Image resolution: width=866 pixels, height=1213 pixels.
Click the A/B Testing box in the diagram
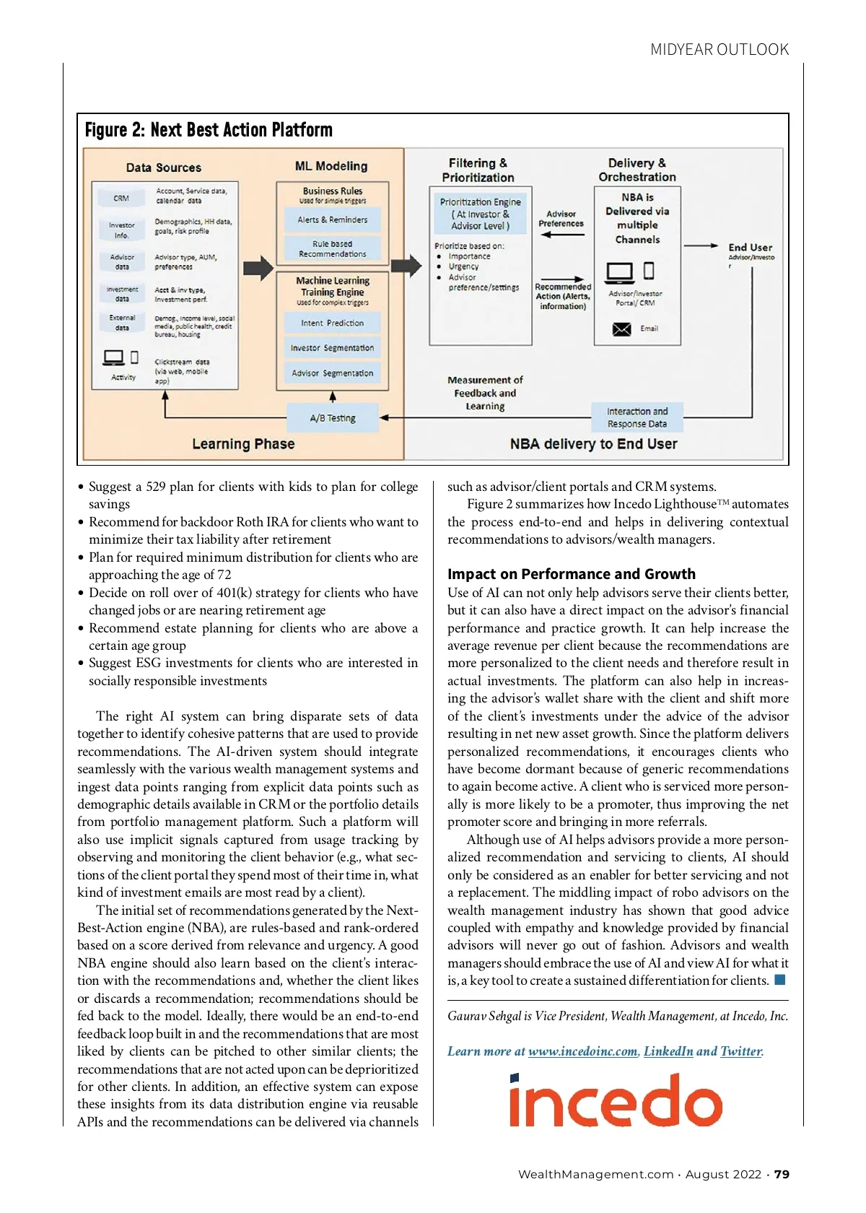tap(333, 418)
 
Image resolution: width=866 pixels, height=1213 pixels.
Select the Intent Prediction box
tap(332, 323)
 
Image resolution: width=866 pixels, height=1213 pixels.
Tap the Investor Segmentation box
tap(332, 348)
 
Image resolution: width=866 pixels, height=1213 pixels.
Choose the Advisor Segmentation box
tap(332, 373)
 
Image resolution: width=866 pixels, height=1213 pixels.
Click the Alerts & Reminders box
tap(332, 219)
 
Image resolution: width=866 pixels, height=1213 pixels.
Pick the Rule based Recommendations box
tap(332, 249)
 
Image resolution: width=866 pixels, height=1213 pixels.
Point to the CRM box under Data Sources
tap(121, 198)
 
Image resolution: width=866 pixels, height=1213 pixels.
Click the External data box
tap(122, 322)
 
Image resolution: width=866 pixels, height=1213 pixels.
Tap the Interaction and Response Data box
tap(637, 417)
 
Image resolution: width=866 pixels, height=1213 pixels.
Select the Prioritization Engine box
tap(480, 214)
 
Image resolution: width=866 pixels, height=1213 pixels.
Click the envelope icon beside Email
tap(621, 329)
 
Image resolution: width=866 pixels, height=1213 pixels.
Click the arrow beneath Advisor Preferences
tap(561, 235)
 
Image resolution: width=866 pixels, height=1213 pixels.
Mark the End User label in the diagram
tap(750, 248)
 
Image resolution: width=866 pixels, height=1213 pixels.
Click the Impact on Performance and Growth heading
tap(571, 574)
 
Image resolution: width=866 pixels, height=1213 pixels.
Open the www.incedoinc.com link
tap(582, 1051)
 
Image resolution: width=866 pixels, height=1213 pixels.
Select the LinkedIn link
tap(668, 1051)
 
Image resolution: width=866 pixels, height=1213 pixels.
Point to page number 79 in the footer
tap(782, 1175)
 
